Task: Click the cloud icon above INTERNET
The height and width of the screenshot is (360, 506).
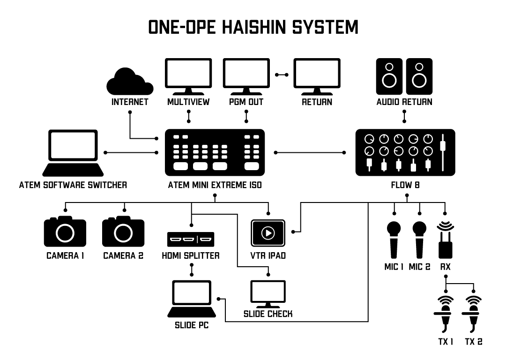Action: pos(130,82)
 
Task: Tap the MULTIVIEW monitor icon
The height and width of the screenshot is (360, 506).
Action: pos(188,75)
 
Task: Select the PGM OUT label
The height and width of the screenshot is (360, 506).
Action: pos(246,101)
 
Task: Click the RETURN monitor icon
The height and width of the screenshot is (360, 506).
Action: pos(316,75)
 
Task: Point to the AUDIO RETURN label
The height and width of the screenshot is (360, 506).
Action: pos(404,101)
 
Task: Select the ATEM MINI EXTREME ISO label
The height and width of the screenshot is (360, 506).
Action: pos(215,185)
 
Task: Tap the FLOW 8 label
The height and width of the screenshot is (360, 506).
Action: pos(405,185)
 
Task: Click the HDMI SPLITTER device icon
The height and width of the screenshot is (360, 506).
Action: pos(191,240)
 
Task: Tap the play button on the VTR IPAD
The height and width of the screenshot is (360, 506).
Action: pos(268,232)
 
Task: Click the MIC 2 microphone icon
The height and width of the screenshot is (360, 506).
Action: pos(419,240)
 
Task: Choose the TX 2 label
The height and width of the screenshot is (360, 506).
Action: pos(474,342)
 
